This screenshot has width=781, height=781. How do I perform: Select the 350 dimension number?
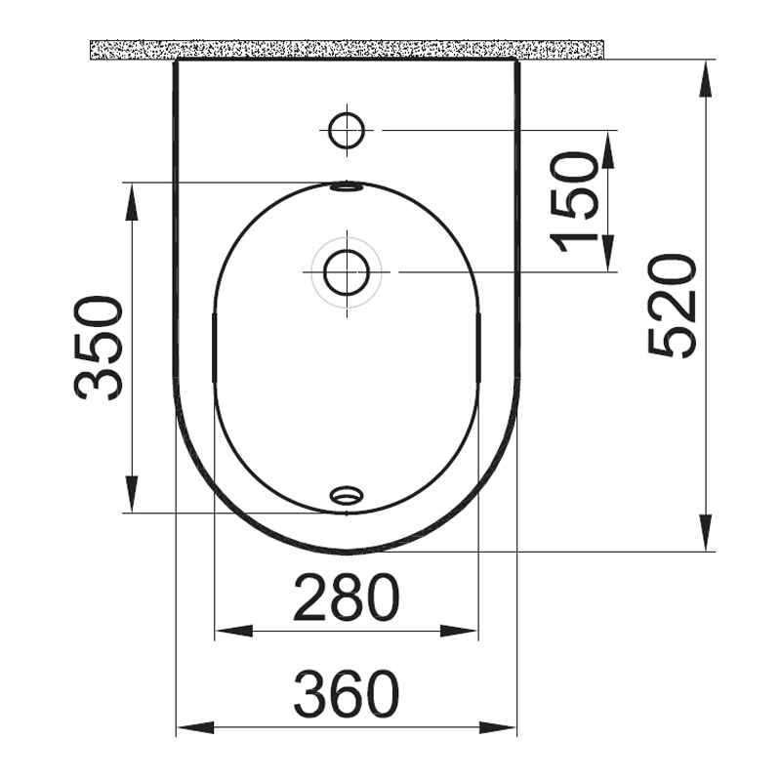[100, 348]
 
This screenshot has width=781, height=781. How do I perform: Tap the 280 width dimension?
[347, 598]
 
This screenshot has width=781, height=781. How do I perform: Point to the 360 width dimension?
[347, 694]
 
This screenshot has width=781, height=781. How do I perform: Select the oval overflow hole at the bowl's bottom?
[345, 496]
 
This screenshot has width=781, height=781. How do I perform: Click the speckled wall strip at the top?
[347, 49]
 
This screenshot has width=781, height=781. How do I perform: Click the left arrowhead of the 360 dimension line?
[188, 727]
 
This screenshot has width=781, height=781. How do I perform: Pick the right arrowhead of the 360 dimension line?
[505, 727]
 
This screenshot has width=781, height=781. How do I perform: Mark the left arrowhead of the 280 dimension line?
[227, 632]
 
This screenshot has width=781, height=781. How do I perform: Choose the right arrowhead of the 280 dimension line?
[466, 632]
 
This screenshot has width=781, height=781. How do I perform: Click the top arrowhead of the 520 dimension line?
[706, 74]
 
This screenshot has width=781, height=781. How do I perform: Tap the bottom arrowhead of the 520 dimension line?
[706, 538]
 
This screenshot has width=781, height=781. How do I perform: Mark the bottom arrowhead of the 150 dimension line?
[607, 258]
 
